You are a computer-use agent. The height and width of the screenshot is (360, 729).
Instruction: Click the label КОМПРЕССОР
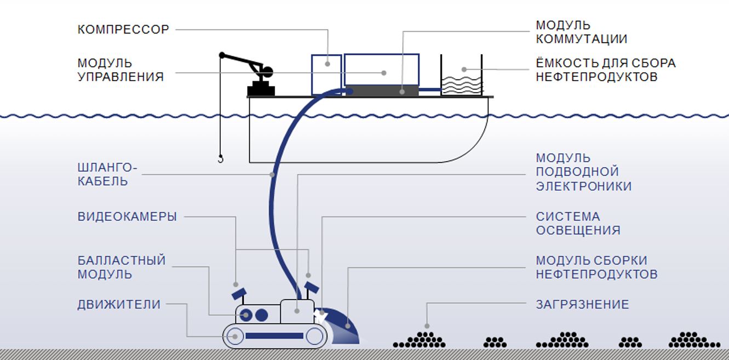tap(123, 30)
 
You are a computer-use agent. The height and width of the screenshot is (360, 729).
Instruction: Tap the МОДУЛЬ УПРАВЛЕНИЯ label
tap(120, 70)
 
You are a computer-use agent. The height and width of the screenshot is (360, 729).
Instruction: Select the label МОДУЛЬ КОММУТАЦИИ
tap(581, 32)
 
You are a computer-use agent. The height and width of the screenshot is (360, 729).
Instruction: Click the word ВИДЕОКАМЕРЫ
tap(127, 216)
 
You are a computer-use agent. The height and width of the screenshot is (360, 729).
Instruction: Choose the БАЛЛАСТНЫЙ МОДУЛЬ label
tap(121, 267)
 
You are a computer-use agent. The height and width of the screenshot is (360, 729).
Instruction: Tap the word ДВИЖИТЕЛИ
tap(119, 304)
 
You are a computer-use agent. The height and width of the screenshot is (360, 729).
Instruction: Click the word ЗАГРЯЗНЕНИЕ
tap(582, 304)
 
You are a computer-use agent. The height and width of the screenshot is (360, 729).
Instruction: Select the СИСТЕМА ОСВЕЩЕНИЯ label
tap(578, 223)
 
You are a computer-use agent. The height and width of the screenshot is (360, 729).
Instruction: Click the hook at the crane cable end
tap(221, 159)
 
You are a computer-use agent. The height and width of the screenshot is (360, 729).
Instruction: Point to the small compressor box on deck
tap(326, 74)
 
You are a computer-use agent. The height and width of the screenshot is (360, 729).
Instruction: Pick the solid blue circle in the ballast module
tap(262, 315)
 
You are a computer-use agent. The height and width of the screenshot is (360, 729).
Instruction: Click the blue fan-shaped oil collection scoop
tap(345, 329)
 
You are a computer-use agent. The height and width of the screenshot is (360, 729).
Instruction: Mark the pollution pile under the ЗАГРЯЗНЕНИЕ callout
tap(420, 340)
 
